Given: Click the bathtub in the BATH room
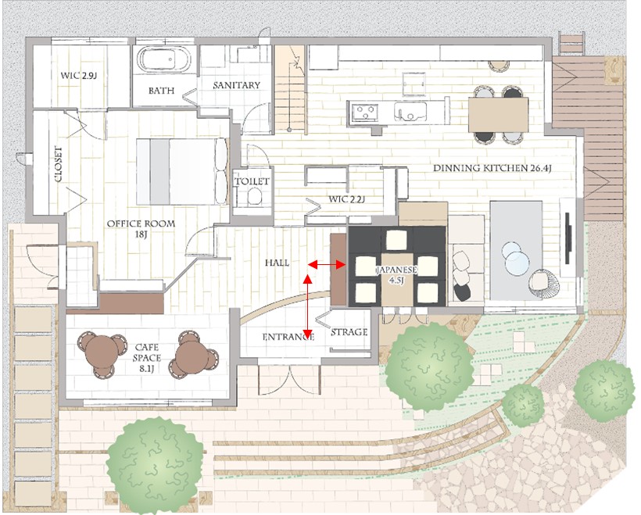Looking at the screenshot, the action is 163,60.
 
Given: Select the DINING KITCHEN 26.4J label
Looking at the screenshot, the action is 492,168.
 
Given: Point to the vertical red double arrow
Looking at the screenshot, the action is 307,306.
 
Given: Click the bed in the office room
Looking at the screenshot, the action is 182,171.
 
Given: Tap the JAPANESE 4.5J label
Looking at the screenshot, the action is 396,275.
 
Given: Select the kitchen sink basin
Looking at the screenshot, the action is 410,112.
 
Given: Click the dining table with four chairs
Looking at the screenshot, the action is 498,114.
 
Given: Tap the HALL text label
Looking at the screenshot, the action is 277,263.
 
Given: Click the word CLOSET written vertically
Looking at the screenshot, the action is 58,164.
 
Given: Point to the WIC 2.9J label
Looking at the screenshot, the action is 78,76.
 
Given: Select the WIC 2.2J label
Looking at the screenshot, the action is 346,199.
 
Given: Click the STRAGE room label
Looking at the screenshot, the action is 349,332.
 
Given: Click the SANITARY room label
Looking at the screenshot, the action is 236,85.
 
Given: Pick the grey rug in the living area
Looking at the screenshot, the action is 517,250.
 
